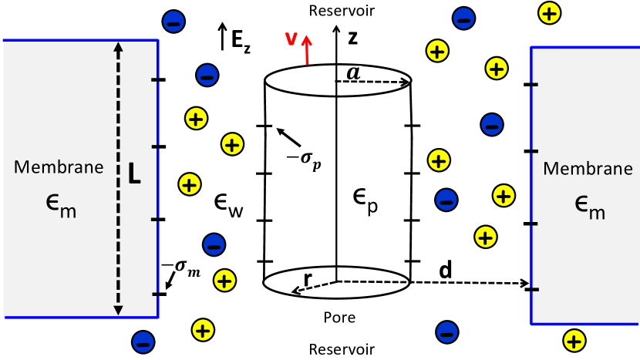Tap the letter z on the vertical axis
(x=352, y=36)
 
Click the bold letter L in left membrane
(x=134, y=175)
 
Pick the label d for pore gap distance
(x=445, y=271)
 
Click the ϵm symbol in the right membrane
(x=588, y=203)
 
